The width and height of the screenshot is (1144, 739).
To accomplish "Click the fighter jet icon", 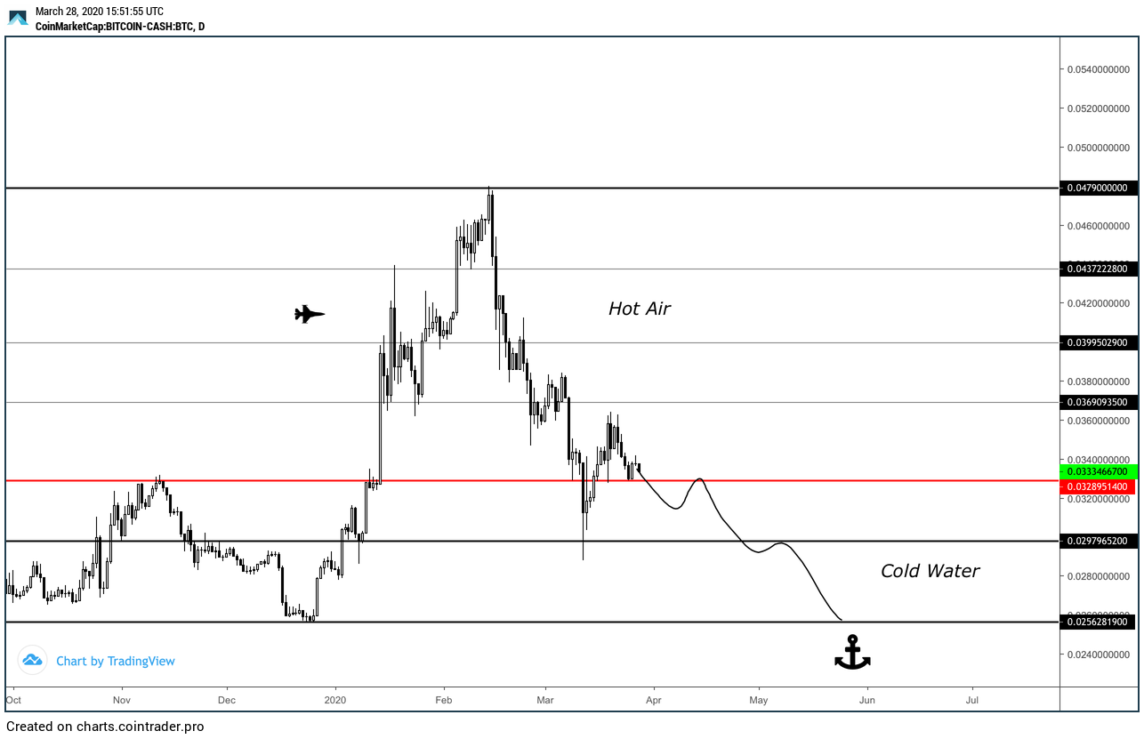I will [310, 314].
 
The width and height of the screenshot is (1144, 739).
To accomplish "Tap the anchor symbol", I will [852, 653].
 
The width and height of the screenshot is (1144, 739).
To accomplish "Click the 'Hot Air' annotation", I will [639, 309].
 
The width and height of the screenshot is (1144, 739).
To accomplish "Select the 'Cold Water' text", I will [930, 572].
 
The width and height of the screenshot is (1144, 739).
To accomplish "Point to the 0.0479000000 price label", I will [1099, 189].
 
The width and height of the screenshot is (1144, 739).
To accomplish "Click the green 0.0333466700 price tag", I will [1099, 471].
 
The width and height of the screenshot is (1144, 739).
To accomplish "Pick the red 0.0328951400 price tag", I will [1099, 487].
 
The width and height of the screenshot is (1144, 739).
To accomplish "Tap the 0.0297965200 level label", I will [1099, 541].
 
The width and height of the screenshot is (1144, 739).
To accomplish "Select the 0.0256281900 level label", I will [1099, 623].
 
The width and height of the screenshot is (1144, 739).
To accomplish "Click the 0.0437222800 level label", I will [1099, 269].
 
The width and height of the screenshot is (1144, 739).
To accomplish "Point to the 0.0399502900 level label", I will [1099, 342].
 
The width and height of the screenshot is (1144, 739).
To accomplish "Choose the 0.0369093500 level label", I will [1099, 403].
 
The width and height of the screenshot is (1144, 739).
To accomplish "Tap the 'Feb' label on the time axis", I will [445, 700].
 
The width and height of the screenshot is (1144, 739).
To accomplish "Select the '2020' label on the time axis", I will [336, 700].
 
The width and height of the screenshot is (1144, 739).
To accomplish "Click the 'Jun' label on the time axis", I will [866, 700].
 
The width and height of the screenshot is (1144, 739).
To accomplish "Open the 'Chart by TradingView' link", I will [116, 662].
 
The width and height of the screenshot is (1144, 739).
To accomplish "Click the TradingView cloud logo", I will [33, 661].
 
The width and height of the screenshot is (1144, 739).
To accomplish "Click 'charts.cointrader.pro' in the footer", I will [141, 727].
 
